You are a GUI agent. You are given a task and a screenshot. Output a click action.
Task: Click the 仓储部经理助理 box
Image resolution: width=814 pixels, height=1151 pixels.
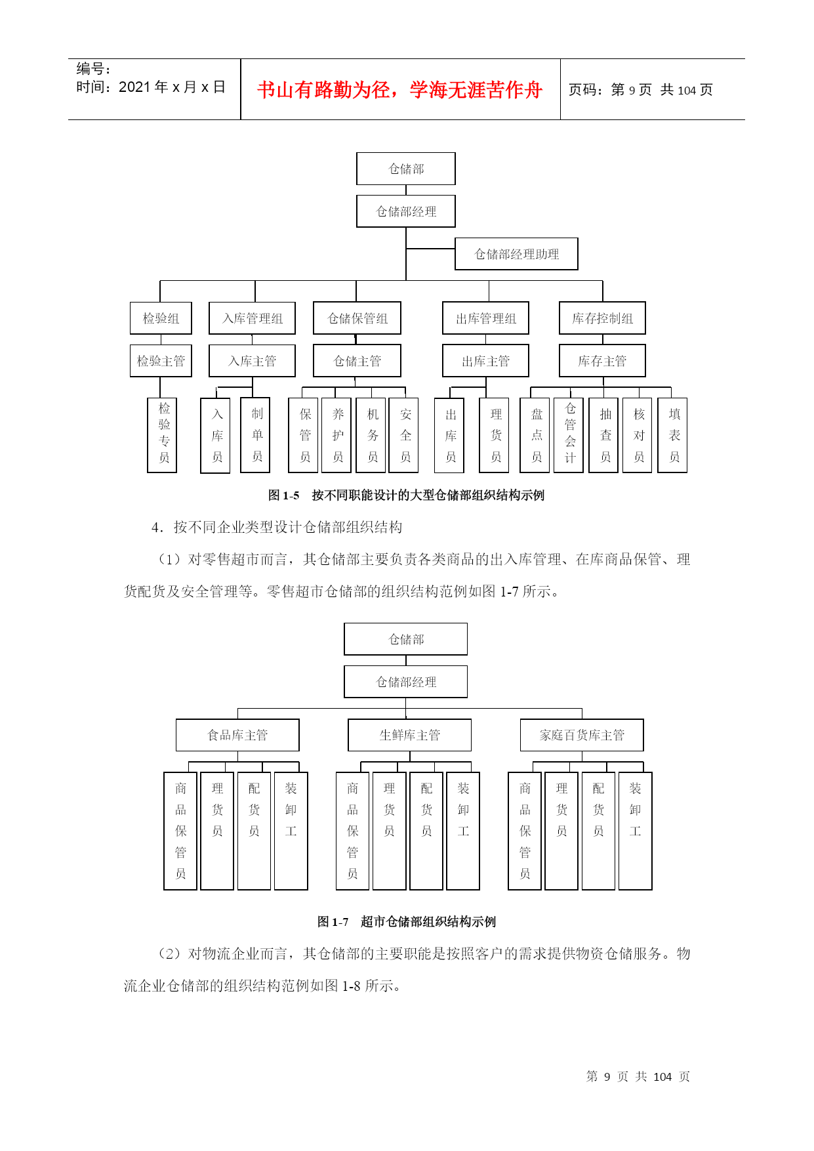pos(516,254)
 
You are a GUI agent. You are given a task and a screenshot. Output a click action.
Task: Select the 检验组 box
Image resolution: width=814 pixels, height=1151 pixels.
pos(161,318)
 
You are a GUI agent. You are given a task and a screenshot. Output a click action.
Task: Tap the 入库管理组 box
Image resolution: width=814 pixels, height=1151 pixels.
pos(252,318)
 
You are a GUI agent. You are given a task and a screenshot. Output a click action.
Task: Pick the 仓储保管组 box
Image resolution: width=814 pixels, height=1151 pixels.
pos(357,318)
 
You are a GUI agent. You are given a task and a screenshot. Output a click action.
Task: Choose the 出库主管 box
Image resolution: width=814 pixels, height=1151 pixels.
pos(485,361)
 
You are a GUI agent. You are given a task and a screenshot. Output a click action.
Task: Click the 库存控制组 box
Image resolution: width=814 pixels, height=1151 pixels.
pos(602,318)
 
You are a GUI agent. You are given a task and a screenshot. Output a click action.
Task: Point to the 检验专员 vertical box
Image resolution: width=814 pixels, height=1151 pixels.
pos(162,435)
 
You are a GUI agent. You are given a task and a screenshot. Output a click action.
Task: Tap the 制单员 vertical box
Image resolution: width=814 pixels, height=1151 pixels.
pos(256,435)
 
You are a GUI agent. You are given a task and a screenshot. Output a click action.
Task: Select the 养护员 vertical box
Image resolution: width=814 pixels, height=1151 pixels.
pos(337,435)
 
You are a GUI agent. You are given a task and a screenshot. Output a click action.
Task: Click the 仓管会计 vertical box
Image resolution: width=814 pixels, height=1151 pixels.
pos(569,435)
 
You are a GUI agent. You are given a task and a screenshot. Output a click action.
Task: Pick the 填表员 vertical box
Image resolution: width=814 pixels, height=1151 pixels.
pos(673,435)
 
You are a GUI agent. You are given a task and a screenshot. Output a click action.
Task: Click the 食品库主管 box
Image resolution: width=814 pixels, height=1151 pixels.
pos(237,735)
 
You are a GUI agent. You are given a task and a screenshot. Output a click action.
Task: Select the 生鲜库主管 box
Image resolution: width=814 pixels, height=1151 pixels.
pos(409,735)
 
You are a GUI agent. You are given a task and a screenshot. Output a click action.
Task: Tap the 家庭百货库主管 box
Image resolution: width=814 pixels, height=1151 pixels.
pos(582,735)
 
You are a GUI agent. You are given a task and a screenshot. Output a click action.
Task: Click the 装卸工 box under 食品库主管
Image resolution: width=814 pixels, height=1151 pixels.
pos(291,831)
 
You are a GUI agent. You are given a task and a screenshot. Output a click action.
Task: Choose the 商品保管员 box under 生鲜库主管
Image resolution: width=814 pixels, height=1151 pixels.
pos(352,831)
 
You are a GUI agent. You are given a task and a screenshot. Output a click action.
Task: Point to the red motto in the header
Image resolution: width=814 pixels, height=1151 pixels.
pos(400,90)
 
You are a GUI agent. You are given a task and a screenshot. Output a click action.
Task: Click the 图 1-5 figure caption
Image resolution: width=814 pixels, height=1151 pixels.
pos(406,495)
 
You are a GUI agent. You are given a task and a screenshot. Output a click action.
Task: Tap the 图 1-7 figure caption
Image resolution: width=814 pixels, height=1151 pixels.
pos(407,922)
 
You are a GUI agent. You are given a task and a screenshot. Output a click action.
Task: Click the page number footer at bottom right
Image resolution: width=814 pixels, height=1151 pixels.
pos(638,1076)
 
